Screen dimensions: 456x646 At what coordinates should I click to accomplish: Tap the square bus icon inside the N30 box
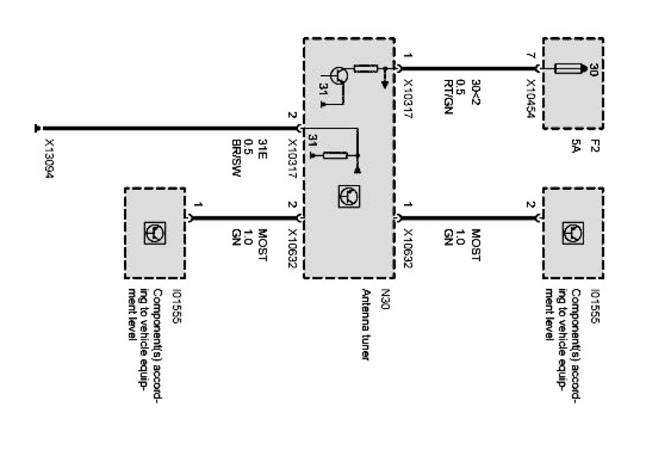click(x=348, y=197)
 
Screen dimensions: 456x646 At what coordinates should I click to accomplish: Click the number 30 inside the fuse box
click(x=591, y=69)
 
